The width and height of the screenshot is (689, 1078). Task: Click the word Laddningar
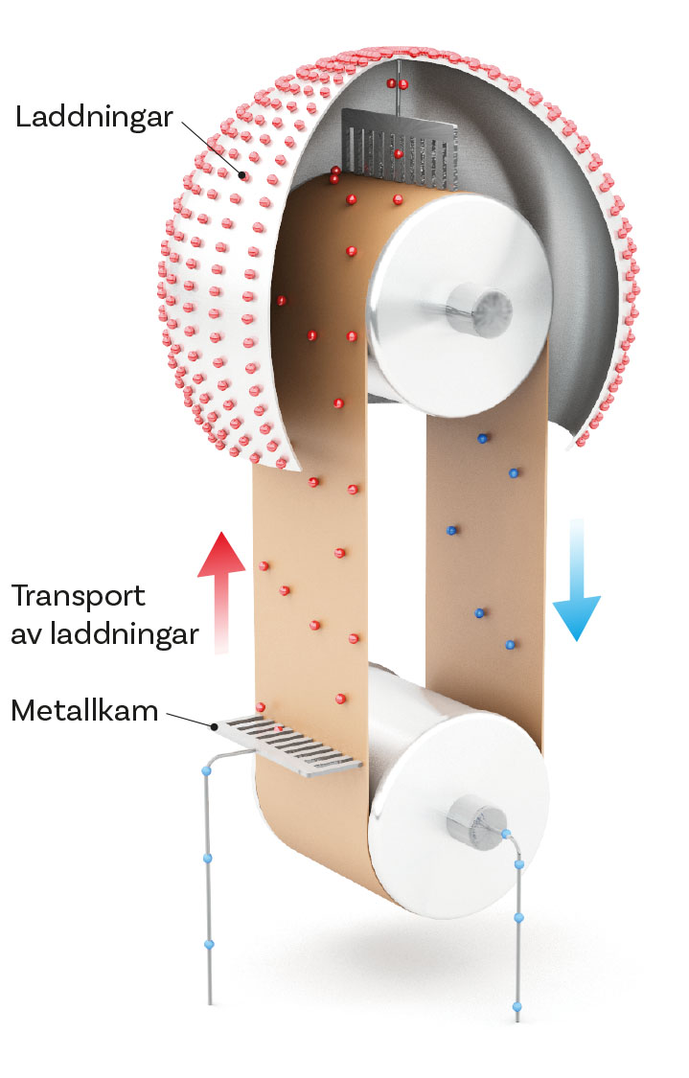[94, 118]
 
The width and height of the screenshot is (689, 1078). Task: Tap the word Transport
[79, 596]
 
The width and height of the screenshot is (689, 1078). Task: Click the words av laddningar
[104, 633]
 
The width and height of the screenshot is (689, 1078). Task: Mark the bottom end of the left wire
[210, 1000]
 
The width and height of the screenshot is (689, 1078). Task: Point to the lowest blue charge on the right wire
[517, 1006]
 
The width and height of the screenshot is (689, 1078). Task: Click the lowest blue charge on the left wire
[210, 944]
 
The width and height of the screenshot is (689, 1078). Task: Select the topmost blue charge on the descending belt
[483, 438]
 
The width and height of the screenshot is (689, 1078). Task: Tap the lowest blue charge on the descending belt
[511, 645]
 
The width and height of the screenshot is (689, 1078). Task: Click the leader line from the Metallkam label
[191, 719]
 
